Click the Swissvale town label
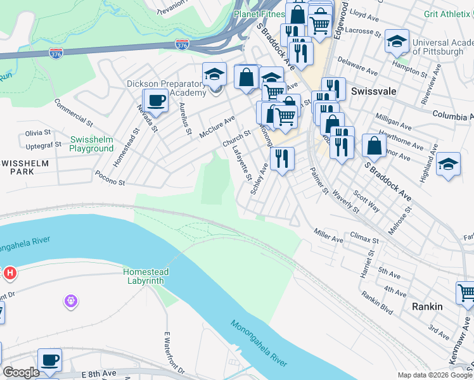[x=374, y=91]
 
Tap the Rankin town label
[x=427, y=306]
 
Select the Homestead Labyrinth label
[x=144, y=275]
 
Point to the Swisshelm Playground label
[x=92, y=144]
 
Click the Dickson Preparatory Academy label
[x=167, y=88]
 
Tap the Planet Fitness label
[x=259, y=13]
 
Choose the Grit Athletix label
[x=447, y=13]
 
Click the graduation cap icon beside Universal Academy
[x=397, y=42]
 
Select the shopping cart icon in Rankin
[x=467, y=293]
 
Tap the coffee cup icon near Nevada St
[x=156, y=99]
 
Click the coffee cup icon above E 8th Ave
[x=49, y=360]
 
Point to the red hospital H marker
[x=10, y=274]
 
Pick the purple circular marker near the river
[x=71, y=302]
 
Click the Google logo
[x=20, y=372]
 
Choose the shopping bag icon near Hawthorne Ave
[x=374, y=146]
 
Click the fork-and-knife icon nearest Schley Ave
[x=282, y=158]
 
